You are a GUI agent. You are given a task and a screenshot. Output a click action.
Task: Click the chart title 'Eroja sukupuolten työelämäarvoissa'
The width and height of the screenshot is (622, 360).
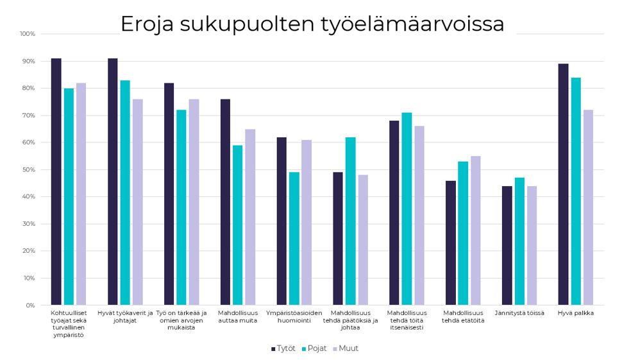pyautogui.click(x=312, y=24)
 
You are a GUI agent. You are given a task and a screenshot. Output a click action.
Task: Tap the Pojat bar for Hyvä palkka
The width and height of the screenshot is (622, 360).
pyautogui.click(x=576, y=191)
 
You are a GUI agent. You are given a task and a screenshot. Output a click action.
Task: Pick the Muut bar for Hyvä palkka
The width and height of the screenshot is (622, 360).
pyautogui.click(x=588, y=207)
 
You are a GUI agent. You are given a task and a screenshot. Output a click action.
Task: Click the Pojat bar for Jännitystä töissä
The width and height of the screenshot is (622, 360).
pyautogui.click(x=519, y=241)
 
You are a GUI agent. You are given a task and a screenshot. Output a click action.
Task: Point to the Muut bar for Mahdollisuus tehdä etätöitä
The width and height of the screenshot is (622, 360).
pyautogui.click(x=475, y=230)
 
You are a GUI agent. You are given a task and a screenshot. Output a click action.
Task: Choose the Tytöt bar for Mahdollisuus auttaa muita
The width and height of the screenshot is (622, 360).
pyautogui.click(x=225, y=202)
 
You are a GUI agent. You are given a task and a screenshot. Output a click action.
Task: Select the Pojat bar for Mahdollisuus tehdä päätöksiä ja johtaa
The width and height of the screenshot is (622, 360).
pyautogui.click(x=350, y=221)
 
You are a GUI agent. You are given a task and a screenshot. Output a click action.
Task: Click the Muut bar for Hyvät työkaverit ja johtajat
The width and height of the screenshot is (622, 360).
pyautogui.click(x=137, y=202)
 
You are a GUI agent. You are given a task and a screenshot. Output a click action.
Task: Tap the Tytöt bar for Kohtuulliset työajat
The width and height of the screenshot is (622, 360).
pyautogui.click(x=56, y=182)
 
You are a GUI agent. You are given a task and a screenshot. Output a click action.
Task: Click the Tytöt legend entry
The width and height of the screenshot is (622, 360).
pyautogui.click(x=283, y=348)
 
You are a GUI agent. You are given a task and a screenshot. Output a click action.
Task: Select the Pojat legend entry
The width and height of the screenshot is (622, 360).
pyautogui.click(x=314, y=348)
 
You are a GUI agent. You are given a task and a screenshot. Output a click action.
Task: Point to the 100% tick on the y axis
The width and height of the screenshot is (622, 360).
pyautogui.click(x=28, y=33)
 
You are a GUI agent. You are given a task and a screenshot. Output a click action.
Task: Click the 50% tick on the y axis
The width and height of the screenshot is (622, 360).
pyautogui.click(x=29, y=169)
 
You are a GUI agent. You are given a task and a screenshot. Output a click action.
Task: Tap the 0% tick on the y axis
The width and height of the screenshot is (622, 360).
pyautogui.click(x=30, y=305)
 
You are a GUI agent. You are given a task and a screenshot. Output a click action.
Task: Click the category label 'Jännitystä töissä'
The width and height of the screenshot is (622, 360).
pyautogui.click(x=519, y=313)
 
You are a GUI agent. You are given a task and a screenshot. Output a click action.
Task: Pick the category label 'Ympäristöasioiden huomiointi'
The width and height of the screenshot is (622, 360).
pyautogui.click(x=294, y=316)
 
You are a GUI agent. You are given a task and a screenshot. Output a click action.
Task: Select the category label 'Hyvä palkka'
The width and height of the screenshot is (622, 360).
pyautogui.click(x=576, y=313)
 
